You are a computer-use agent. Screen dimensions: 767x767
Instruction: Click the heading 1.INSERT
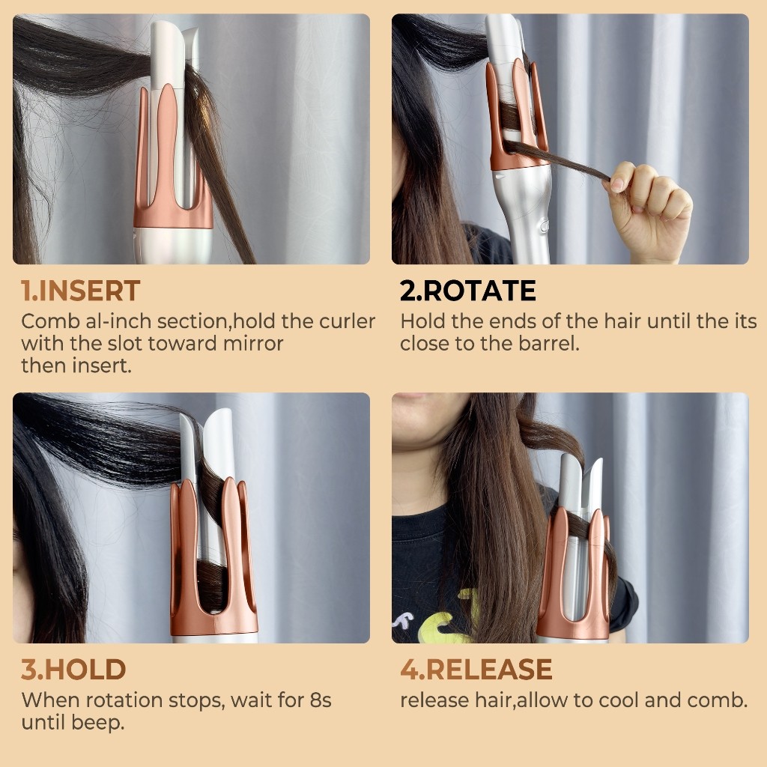(x=80, y=291)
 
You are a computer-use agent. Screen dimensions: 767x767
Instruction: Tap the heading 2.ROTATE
(x=467, y=291)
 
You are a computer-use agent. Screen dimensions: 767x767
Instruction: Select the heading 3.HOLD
(x=73, y=670)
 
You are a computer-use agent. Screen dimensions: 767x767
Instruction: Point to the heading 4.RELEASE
(x=476, y=670)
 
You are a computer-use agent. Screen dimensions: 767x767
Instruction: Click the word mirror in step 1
(x=253, y=343)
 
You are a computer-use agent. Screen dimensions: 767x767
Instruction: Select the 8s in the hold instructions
(x=321, y=700)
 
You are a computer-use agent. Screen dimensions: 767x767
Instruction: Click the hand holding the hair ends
(x=648, y=208)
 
